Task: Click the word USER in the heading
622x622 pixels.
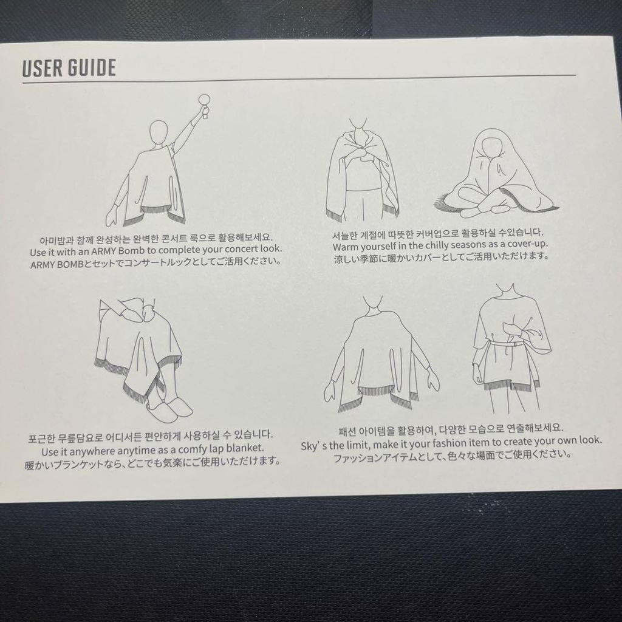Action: pos(43,68)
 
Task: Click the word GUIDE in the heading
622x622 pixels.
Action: pos(92,68)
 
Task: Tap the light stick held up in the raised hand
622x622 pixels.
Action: pos(204,101)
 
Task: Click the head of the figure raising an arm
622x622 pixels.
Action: pos(159,132)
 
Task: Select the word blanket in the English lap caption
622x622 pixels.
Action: pos(245,448)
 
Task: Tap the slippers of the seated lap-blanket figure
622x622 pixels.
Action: pos(169,410)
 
